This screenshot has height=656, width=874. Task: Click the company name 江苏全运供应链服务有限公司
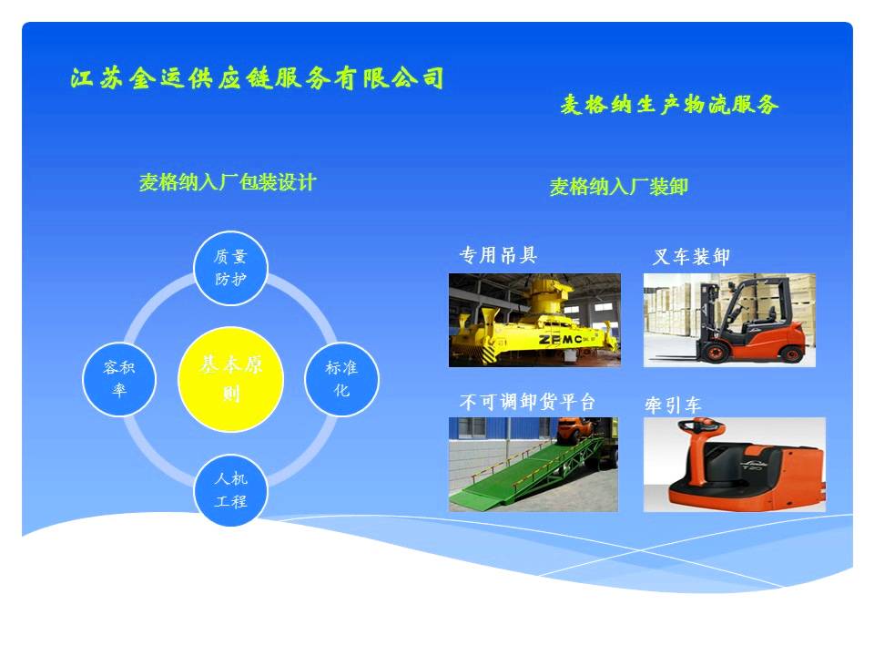[257, 78]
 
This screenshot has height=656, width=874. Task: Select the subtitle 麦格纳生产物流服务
[669, 104]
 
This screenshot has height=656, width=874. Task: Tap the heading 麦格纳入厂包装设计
[228, 182]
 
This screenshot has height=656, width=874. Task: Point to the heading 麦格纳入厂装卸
[619, 186]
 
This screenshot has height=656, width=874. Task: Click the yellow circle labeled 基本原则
[230, 379]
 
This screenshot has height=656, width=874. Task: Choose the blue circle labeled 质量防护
[230, 268]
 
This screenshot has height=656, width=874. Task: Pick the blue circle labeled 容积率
[119, 379]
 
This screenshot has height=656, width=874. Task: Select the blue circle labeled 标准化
[341, 379]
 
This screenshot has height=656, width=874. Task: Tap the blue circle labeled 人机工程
[230, 490]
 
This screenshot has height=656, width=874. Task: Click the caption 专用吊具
[498, 255]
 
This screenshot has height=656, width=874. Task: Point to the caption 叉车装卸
[691, 257]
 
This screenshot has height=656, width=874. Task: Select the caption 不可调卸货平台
[527, 402]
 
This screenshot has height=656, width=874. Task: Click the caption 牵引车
[673, 405]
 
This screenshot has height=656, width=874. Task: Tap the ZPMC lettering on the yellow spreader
[560, 339]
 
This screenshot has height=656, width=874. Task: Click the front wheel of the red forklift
[712, 352]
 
